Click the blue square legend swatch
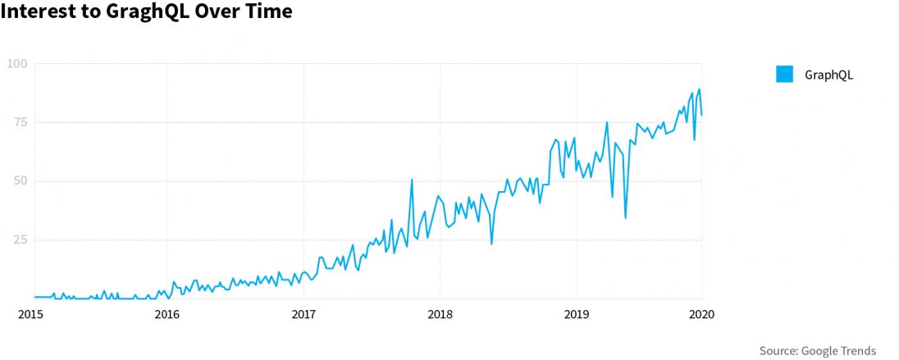coord(785,75)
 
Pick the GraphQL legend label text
coord(829,75)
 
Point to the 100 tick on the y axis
coord(17,64)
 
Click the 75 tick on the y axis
coord(20,122)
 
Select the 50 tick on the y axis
coord(20,180)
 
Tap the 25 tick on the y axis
coord(20,239)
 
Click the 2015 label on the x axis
coord(30,314)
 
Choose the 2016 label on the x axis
coord(167,314)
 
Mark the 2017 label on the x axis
coord(303,314)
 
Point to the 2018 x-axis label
coord(440,314)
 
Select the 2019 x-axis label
coord(576,314)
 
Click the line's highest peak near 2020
coord(699,89)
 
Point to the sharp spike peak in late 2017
coord(412,180)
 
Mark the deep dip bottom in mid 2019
coord(625,217)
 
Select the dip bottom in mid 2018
coord(491,244)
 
